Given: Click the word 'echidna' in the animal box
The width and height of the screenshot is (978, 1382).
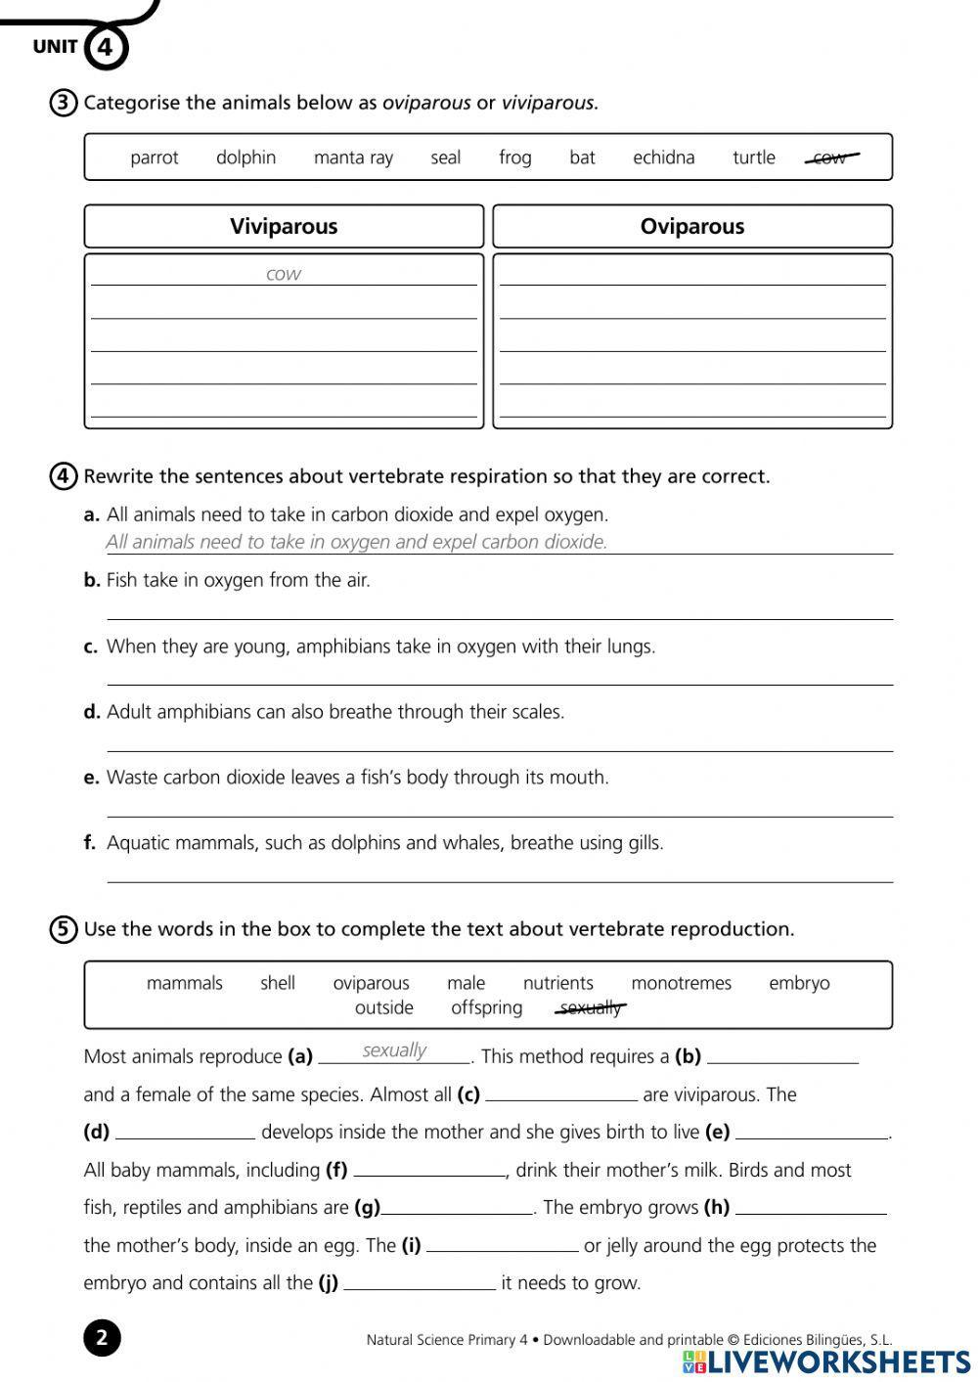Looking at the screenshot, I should click(663, 157).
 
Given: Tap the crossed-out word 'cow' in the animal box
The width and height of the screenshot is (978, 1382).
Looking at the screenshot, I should click(830, 157).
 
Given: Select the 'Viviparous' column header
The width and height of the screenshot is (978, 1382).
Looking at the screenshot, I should click(284, 226).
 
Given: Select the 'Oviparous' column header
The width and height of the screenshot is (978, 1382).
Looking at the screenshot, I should click(692, 226).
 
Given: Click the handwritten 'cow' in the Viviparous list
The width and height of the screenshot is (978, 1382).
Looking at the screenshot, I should click(284, 274).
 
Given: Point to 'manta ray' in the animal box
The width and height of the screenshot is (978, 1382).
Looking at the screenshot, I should click(353, 157).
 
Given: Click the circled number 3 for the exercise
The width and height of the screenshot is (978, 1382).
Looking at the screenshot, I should click(63, 103).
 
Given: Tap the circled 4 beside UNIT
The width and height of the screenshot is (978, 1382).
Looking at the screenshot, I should click(106, 48).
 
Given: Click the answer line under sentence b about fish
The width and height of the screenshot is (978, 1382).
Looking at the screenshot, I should click(499, 610).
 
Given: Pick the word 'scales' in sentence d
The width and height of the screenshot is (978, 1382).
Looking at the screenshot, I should click(538, 712).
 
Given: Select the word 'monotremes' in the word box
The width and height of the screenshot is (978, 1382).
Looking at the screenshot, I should click(681, 983).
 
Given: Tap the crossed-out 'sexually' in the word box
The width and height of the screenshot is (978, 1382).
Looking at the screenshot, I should click(591, 1007).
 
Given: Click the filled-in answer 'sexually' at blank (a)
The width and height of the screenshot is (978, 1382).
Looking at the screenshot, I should click(394, 1050).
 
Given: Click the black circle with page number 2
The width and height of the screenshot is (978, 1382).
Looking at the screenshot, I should click(103, 1337).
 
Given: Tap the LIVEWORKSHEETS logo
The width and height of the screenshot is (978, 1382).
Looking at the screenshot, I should click(826, 1361).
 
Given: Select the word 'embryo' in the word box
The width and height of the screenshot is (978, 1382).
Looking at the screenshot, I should click(799, 983).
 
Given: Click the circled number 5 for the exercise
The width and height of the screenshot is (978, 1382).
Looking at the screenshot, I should click(63, 929).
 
